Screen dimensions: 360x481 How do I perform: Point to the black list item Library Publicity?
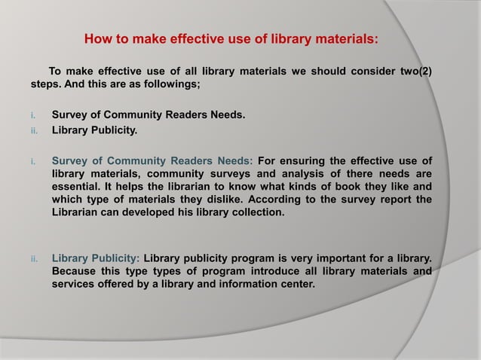(94, 130)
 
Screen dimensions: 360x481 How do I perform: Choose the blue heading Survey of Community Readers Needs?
(153, 160)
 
